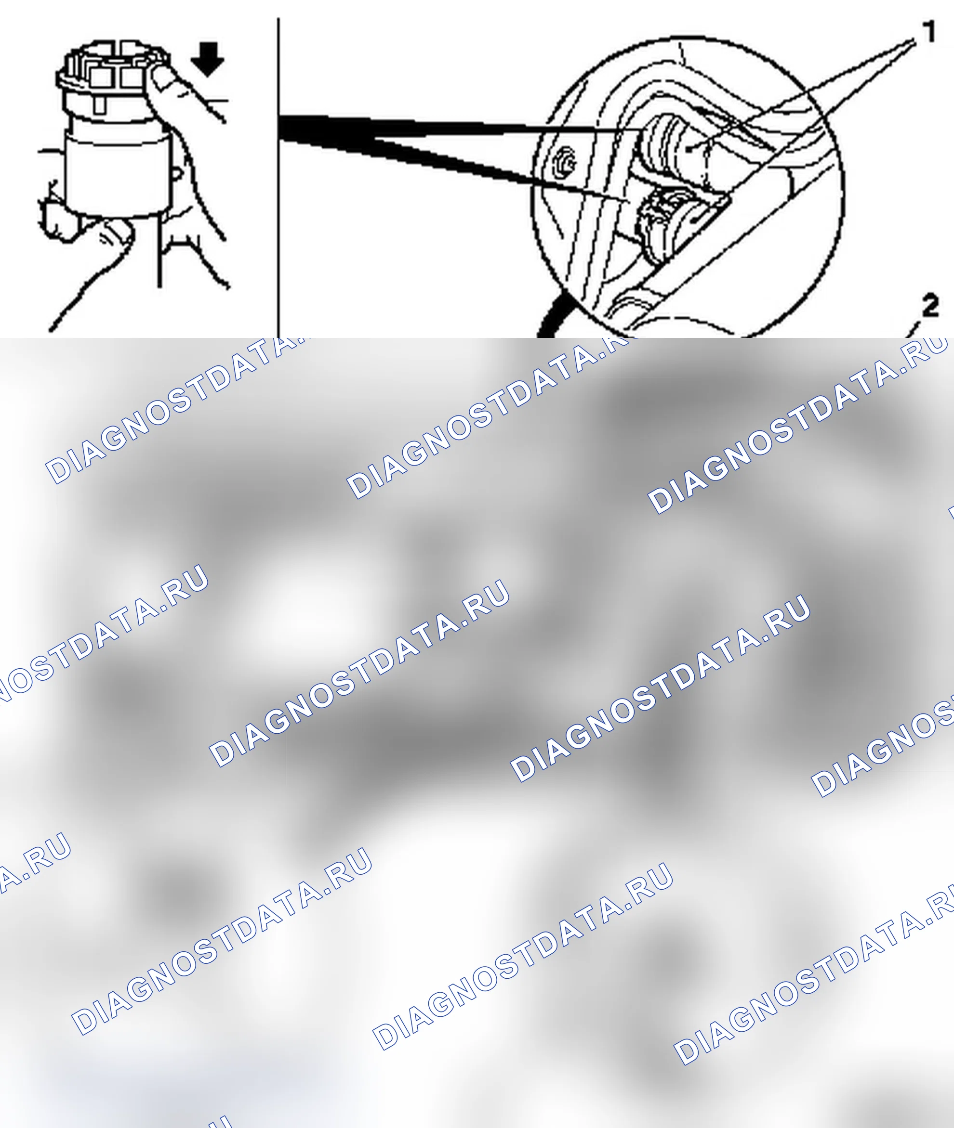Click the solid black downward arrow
point(208,58)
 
